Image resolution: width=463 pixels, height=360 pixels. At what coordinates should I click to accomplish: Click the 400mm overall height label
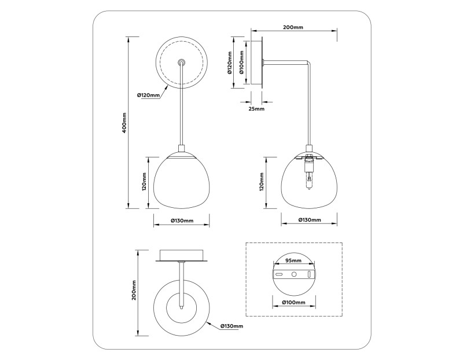[x=124, y=122]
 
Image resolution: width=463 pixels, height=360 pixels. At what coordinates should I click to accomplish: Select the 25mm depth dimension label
[x=256, y=108]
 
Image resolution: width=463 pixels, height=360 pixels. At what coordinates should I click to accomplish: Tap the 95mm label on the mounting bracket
[x=293, y=260]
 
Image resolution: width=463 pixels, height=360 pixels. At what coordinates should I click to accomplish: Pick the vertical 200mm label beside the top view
[x=133, y=293]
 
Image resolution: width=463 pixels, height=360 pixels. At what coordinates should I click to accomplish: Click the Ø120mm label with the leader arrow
[x=148, y=95]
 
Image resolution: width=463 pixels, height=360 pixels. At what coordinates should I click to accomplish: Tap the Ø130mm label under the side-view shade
[x=309, y=221]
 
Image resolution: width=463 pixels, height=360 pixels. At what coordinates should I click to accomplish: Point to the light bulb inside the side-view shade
[x=309, y=177]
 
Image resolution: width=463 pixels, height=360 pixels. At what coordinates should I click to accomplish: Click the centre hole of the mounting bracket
[x=293, y=274]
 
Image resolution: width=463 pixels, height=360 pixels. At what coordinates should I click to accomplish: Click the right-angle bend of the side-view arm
[x=308, y=63]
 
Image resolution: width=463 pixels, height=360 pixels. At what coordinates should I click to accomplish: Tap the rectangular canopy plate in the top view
[x=182, y=255]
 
